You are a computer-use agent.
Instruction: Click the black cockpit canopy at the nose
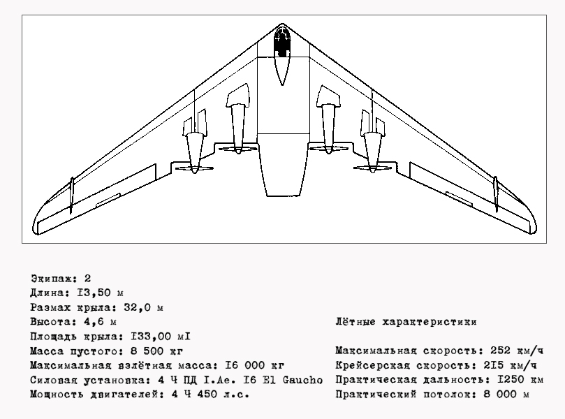coord(282,43)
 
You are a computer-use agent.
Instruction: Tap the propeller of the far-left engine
coord(195,168)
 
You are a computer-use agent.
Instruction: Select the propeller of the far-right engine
coord(372,168)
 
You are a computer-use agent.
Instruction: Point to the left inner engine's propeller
coord(238,149)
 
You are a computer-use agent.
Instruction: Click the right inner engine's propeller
coord(329,148)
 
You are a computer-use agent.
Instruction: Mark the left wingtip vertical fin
coord(71,195)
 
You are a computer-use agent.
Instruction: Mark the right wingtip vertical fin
coord(496,194)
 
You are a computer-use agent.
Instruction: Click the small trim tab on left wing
coord(108,200)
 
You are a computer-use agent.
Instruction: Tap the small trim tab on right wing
coord(459,199)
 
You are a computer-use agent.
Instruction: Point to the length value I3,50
coord(94,293)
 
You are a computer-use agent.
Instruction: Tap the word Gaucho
coord(302,380)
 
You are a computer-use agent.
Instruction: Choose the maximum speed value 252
coord(501,351)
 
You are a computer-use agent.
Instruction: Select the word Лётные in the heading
coord(355,322)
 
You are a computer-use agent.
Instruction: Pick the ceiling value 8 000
coord(500,394)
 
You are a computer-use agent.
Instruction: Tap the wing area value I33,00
coord(151,337)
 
